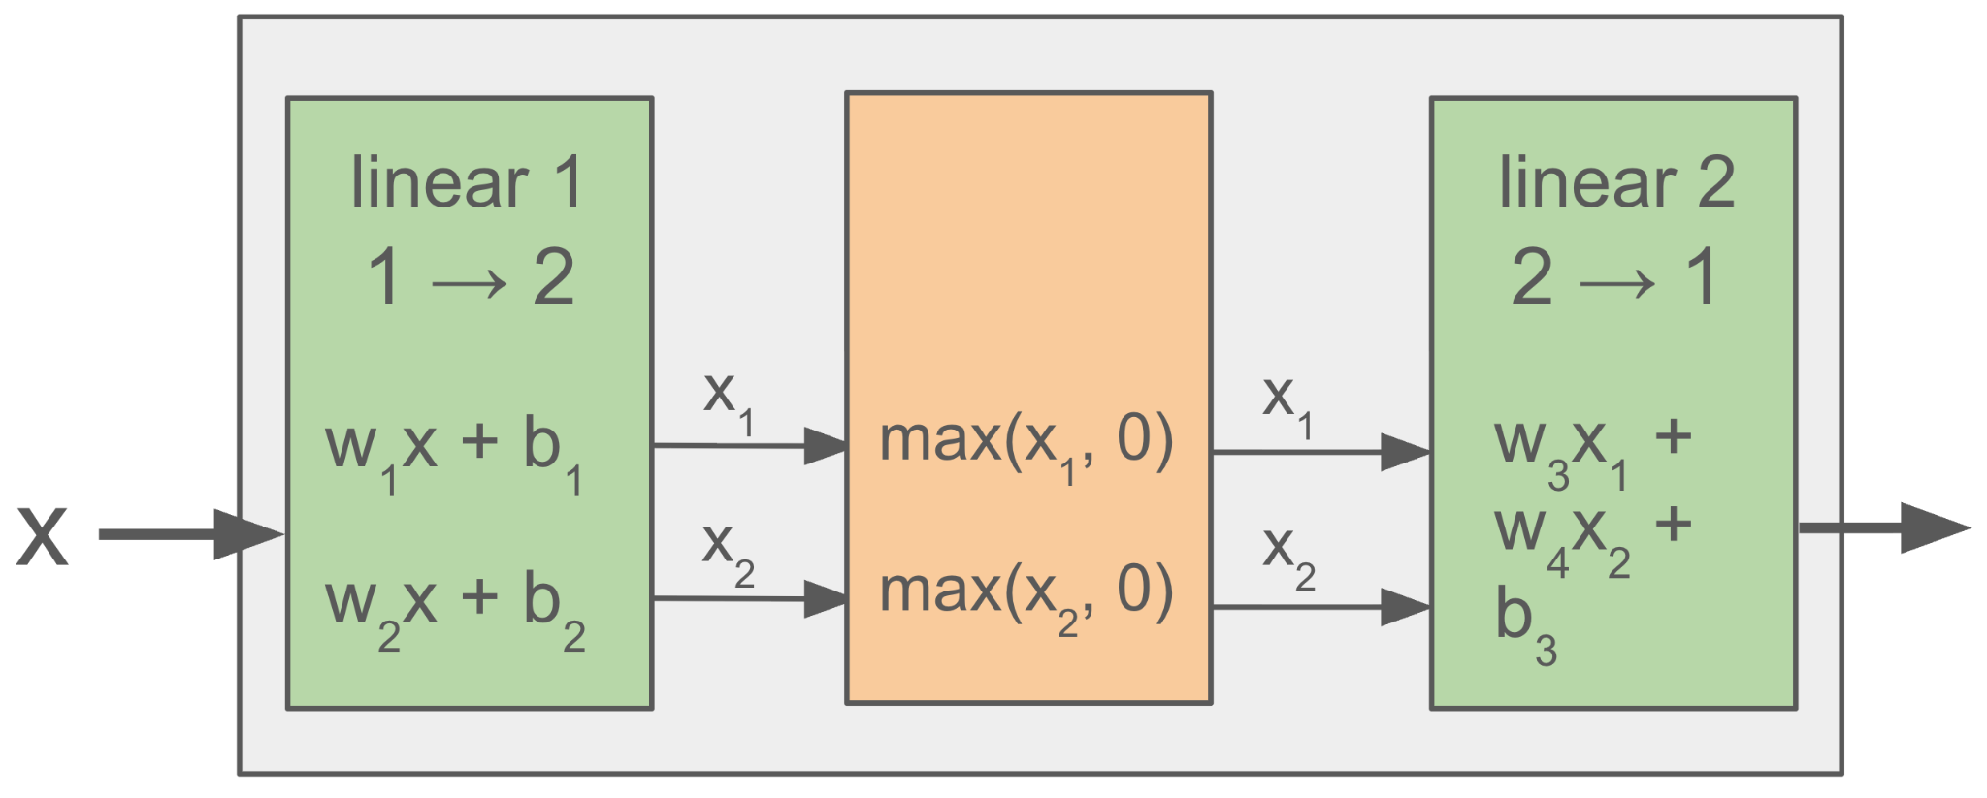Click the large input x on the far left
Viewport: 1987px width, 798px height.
tap(43, 535)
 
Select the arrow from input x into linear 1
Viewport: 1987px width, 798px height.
tap(190, 534)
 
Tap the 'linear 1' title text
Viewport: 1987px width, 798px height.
tap(467, 182)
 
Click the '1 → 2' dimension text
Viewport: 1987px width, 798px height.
tap(471, 278)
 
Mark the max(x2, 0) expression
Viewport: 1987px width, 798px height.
tap(1026, 594)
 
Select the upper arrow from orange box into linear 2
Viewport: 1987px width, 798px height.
tap(1319, 452)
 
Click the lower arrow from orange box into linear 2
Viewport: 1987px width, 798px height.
tap(1319, 608)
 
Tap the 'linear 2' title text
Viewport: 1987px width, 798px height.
tap(1616, 182)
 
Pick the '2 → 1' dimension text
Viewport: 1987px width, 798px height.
tap(1614, 278)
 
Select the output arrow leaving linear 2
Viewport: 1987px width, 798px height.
tap(1882, 528)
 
